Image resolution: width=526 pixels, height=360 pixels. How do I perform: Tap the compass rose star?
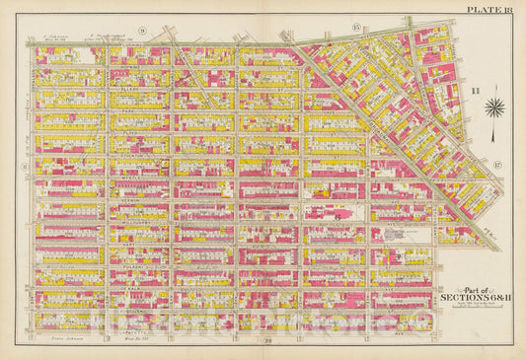pyautogui.click(x=496, y=108)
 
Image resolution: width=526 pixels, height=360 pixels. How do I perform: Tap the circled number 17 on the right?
pyautogui.click(x=497, y=164)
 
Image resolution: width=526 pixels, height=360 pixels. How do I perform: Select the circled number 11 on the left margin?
pyautogui.click(x=24, y=166)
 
